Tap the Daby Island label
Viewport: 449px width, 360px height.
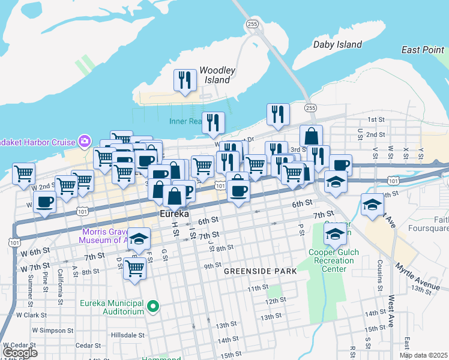pos(338,44)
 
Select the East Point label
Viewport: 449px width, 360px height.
pos(423,50)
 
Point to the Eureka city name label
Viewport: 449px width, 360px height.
pos(175,214)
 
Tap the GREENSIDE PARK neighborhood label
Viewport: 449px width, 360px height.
pos(261,271)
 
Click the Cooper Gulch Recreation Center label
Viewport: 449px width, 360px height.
pos(333,260)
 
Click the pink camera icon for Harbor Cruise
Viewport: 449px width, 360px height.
pos(85,142)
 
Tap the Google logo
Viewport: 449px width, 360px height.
pos(19,353)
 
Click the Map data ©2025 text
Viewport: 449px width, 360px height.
pos(423,355)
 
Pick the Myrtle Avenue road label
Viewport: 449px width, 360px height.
pos(417,275)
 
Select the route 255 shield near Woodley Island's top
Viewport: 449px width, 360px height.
pos(252,24)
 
